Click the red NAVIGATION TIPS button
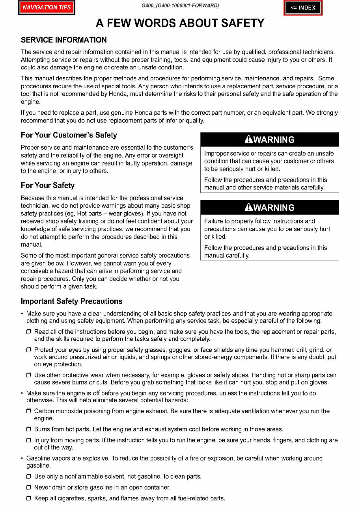coord(47,7)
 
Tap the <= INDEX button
coord(303,7)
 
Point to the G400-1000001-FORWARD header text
coord(180,6)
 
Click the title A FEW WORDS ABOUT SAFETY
coord(180,23)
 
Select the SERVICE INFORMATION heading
coord(63,40)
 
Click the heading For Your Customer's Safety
coord(69,135)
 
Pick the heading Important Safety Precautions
coord(71,301)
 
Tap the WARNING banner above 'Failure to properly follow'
coord(269,208)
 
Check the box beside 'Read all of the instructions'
coord(29,332)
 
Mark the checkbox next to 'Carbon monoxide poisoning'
coord(29,411)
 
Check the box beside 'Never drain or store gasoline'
coord(29,488)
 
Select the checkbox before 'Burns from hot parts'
coord(29,429)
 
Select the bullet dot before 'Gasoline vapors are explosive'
coord(22,459)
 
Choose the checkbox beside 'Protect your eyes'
coord(29,350)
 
